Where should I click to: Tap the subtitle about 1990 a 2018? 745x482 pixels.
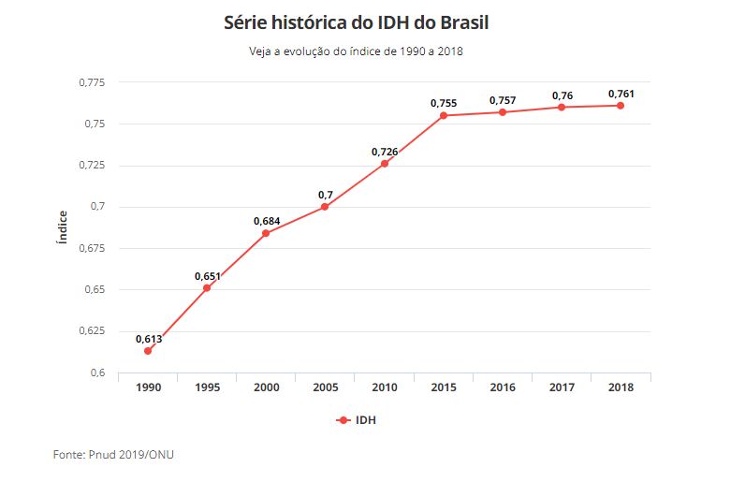pyautogui.click(x=356, y=51)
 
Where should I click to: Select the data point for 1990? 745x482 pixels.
pyautogui.click(x=148, y=351)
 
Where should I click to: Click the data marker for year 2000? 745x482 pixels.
pyautogui.click(x=266, y=233)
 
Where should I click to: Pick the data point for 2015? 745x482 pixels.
pyautogui.click(x=444, y=115)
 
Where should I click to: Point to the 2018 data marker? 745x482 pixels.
pyautogui.click(x=621, y=105)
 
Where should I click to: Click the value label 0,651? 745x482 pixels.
pyautogui.click(x=208, y=276)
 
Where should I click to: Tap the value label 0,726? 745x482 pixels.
pyautogui.click(x=385, y=152)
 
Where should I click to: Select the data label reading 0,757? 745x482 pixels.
pyautogui.click(x=503, y=100)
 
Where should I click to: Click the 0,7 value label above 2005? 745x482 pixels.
pyautogui.click(x=326, y=195)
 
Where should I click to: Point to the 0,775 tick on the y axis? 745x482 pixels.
pyautogui.click(x=91, y=83)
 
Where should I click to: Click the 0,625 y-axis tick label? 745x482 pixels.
pyautogui.click(x=91, y=331)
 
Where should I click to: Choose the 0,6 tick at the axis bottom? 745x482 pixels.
pyautogui.click(x=98, y=372)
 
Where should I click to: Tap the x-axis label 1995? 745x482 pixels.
pyautogui.click(x=207, y=387)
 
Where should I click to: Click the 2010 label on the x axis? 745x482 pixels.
pyautogui.click(x=384, y=387)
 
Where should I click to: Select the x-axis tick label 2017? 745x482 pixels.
pyautogui.click(x=562, y=387)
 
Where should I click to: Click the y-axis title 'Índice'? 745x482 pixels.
pyautogui.click(x=63, y=227)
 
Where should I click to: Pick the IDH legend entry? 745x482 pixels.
pyautogui.click(x=357, y=420)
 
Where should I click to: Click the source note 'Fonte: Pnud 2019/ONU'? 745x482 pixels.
pyautogui.click(x=113, y=455)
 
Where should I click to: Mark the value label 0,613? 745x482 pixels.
pyautogui.click(x=149, y=339)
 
